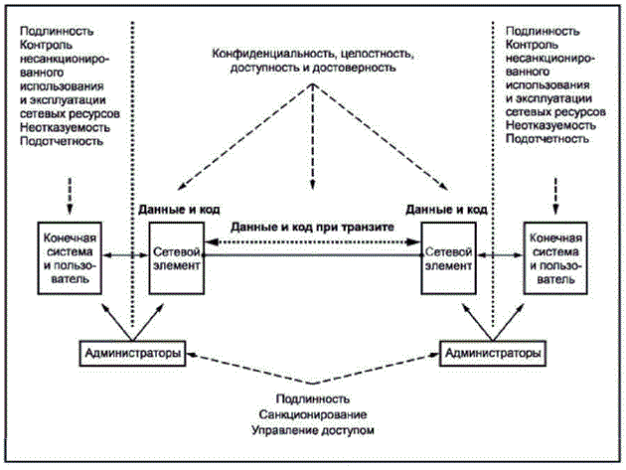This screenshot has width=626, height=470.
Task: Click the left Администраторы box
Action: [135, 353]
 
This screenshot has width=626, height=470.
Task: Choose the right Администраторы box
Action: [493, 353]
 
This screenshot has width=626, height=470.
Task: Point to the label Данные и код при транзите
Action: [312, 228]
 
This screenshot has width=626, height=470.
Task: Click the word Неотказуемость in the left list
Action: [60, 126]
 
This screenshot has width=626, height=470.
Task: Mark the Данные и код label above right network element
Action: [446, 209]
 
